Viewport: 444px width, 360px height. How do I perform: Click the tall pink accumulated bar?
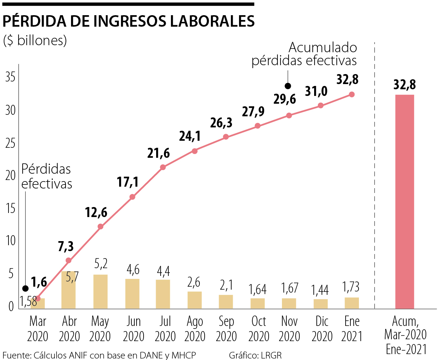click(404, 201)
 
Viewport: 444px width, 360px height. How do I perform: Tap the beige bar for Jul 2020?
click(163, 294)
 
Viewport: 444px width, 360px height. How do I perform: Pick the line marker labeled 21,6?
click(163, 167)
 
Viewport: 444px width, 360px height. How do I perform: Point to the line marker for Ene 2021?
click(352, 94)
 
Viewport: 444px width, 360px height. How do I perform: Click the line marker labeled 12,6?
click(100, 227)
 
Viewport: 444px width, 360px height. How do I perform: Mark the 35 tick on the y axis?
click(10, 78)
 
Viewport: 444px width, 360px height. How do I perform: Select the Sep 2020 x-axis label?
click(226, 329)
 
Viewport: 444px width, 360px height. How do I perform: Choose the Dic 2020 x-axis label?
click(320, 329)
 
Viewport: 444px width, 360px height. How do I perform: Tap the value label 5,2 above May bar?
click(101, 264)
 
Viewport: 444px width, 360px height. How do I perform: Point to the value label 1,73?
click(351, 287)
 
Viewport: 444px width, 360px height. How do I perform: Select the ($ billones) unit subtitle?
click(35, 40)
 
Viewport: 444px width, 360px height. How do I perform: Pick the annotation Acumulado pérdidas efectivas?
click(304, 54)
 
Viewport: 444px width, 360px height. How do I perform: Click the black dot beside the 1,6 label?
click(25, 289)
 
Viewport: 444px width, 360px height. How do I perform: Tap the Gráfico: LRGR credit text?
click(255, 355)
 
